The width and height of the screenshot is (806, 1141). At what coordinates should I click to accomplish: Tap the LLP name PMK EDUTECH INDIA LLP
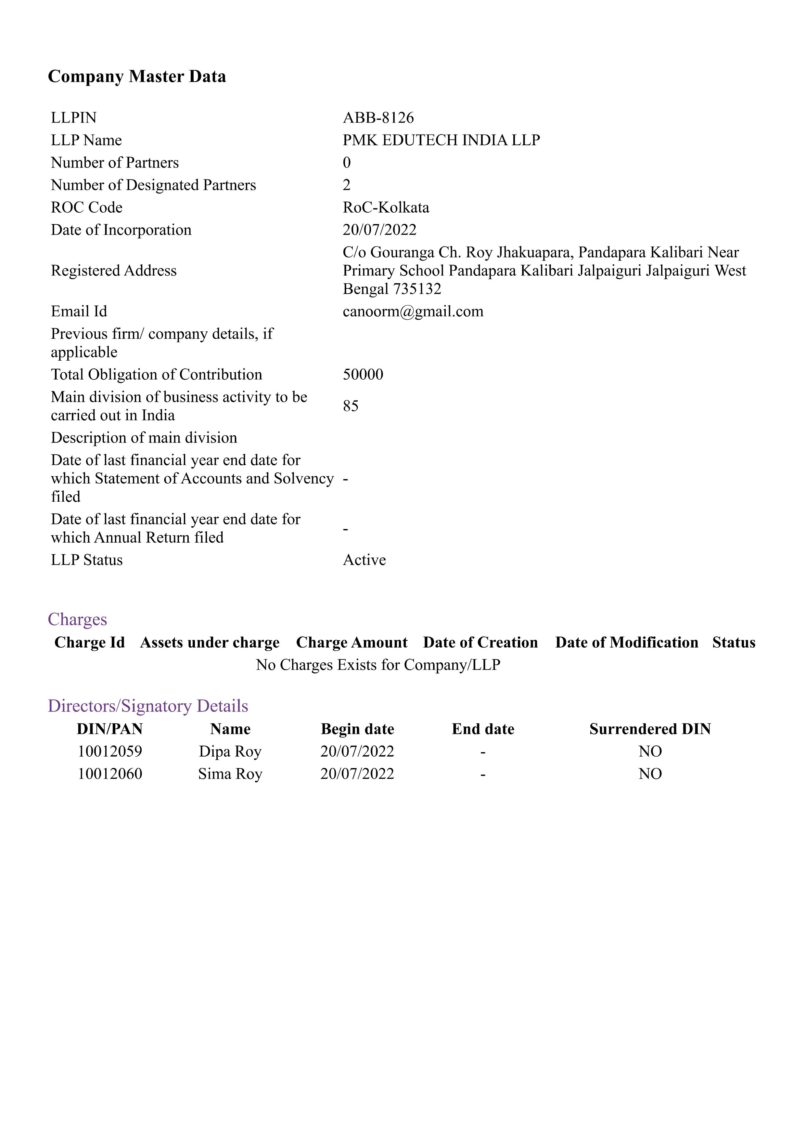click(x=441, y=140)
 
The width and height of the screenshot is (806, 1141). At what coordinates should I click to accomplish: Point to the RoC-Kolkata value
click(x=386, y=207)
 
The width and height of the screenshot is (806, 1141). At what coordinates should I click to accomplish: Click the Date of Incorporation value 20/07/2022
click(x=379, y=230)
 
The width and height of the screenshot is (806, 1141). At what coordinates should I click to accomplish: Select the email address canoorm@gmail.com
click(x=413, y=311)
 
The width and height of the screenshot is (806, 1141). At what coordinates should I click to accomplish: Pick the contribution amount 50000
click(x=363, y=374)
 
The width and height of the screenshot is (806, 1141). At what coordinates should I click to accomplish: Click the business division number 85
click(x=350, y=406)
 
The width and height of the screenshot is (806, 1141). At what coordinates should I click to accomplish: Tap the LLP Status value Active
click(x=364, y=560)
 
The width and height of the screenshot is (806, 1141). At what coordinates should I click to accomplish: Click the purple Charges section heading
click(x=77, y=619)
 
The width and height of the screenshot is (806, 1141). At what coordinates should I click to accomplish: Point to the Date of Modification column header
click(x=626, y=642)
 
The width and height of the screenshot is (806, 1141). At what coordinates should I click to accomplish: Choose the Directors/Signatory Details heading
click(x=148, y=706)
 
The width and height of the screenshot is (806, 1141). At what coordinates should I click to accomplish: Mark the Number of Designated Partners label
click(x=153, y=185)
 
